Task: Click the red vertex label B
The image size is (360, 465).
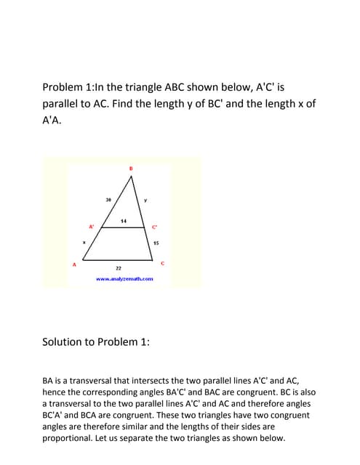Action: (131, 169)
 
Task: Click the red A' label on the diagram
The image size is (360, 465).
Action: (91, 227)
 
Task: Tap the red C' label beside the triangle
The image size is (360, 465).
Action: (154, 227)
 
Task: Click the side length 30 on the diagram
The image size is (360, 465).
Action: (108, 199)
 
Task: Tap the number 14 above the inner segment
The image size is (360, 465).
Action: (124, 220)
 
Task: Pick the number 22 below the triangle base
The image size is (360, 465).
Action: (119, 268)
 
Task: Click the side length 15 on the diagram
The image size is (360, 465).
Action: (156, 243)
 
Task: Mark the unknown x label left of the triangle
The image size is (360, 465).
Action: (84, 243)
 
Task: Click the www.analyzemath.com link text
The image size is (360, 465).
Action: (124, 278)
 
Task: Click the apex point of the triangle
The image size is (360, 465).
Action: (132, 177)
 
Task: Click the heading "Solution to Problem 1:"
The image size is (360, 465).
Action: (96, 341)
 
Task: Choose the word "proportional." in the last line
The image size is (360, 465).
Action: (74, 438)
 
